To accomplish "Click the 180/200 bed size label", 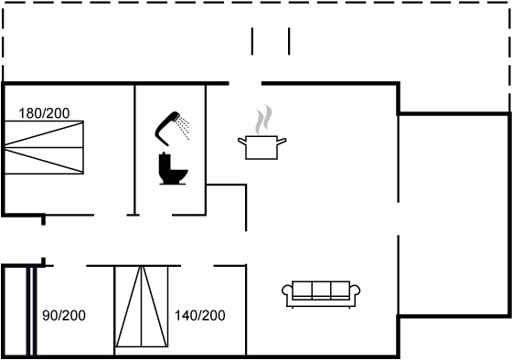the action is (44, 113).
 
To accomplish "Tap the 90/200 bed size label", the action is (64, 315).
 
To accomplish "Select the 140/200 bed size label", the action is (200, 315).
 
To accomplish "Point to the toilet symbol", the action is (173, 169).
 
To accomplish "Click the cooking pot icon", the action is (261, 147).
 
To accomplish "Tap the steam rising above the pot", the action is (264, 119).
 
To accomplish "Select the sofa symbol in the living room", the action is (321, 293).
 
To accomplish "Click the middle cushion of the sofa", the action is (321, 289).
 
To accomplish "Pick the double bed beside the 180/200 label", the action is (44, 147).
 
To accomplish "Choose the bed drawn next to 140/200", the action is (142, 306).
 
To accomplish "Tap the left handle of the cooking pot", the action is (242, 141).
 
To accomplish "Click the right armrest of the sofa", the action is (355, 290).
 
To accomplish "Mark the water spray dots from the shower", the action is (184, 128).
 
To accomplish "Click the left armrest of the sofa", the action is (287, 290).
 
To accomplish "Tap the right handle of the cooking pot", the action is (283, 141).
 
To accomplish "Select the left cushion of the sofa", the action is (303, 289).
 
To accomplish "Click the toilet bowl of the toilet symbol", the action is (179, 175).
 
